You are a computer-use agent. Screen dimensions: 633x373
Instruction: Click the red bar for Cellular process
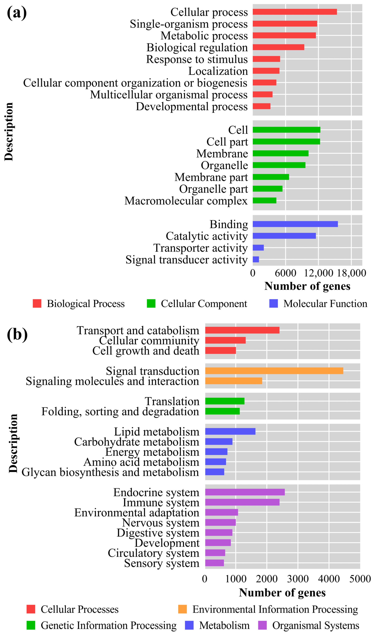(295, 12)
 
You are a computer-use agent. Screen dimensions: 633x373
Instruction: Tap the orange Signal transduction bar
(274, 371)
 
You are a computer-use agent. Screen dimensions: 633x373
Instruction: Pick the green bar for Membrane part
(271, 177)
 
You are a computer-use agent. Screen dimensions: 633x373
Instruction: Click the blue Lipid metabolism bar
(230, 431)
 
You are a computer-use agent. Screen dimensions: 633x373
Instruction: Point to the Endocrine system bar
(245, 492)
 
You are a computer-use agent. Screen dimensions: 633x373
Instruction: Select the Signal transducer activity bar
(256, 259)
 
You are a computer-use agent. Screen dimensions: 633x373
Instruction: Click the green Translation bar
(225, 401)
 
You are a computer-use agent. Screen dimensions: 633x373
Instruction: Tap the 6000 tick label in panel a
(285, 273)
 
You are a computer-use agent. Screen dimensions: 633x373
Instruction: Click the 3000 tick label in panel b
(298, 579)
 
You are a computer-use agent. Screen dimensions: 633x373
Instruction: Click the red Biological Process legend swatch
(37, 303)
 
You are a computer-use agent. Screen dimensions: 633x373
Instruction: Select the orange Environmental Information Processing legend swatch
(182, 609)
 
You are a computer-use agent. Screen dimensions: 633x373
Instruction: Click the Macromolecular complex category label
(186, 201)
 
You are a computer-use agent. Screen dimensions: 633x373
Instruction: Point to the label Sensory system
(162, 563)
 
